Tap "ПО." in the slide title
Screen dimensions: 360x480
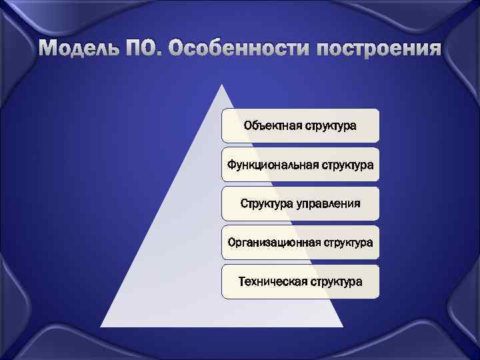pyautogui.click(x=146, y=49)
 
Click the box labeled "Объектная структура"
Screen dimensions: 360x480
pyautogui.click(x=300, y=125)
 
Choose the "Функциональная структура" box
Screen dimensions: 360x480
pyautogui.click(x=300, y=164)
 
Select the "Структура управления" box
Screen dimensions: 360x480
pyautogui.click(x=300, y=203)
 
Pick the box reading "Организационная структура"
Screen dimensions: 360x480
pyautogui.click(x=300, y=242)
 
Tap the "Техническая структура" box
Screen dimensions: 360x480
pyautogui.click(x=300, y=281)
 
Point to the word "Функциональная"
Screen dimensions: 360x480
pyautogui.click(x=269, y=164)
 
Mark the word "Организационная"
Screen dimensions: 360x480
pyautogui.click(x=273, y=242)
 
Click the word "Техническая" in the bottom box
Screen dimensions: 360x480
pyautogui.click(x=272, y=281)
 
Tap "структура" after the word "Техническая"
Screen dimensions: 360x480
pyautogui.click(x=335, y=281)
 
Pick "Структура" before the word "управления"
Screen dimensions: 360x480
pyautogui.click(x=267, y=203)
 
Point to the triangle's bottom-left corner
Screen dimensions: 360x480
pyautogui.click(x=101, y=326)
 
